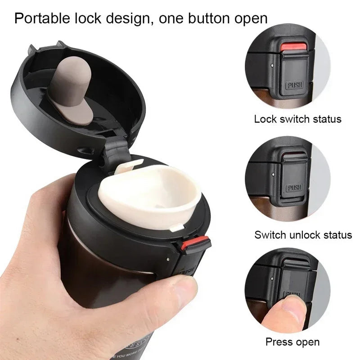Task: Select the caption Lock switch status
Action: click(x=297, y=119)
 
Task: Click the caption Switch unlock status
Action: click(x=303, y=234)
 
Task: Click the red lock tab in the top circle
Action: click(x=293, y=48)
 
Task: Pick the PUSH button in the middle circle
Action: click(x=295, y=187)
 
